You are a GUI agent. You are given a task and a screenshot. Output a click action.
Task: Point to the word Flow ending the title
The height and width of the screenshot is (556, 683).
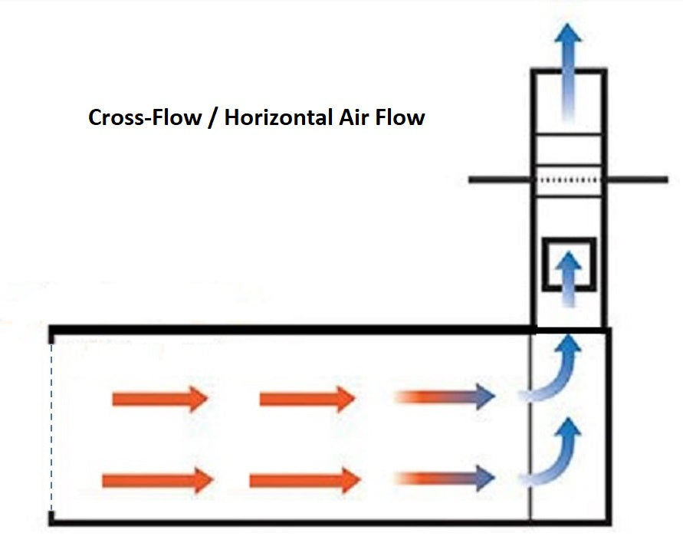399,119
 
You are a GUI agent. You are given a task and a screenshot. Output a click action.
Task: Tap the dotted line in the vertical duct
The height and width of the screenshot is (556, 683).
568,180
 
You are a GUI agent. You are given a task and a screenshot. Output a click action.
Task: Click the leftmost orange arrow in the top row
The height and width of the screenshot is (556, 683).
160,400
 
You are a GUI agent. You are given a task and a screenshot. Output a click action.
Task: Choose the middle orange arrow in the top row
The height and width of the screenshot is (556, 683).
307,400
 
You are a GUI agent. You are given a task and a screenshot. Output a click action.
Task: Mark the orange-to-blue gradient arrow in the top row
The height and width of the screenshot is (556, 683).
445,397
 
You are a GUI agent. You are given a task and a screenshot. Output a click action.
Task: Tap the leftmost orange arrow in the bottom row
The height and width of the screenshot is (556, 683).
157,481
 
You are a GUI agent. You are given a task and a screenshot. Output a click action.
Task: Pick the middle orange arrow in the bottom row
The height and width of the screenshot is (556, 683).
305,481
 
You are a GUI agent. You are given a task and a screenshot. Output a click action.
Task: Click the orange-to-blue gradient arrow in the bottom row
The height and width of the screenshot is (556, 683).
445,480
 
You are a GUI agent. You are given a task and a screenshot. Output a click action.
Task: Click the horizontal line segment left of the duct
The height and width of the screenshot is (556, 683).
500,180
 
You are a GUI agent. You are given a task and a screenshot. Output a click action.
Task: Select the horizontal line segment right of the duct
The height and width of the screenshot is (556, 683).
636,180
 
